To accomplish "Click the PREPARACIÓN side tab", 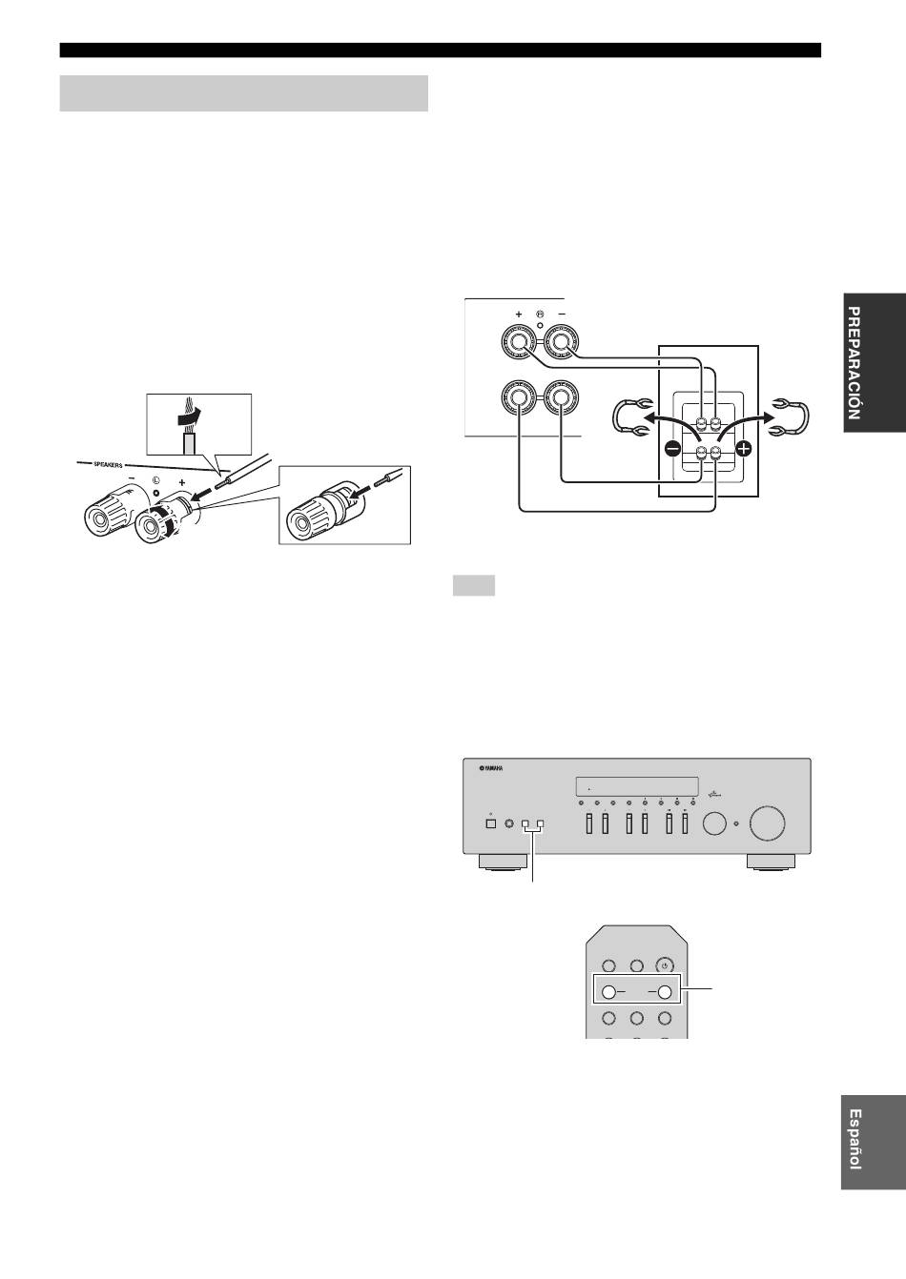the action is pyautogui.click(x=874, y=362).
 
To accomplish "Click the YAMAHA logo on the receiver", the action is pyautogui.click(x=491, y=768).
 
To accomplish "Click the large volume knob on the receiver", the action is pyautogui.click(x=767, y=823).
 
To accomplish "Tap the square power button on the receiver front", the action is pyautogui.click(x=490, y=824).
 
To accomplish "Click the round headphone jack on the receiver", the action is pyautogui.click(x=507, y=824).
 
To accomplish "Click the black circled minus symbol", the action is pyautogui.click(x=672, y=449).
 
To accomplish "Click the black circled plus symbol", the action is pyautogui.click(x=743, y=449).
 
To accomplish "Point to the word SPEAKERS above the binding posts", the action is pyautogui.click(x=108, y=465).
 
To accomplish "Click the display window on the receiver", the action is pyautogui.click(x=637, y=786).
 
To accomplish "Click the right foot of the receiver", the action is pyautogui.click(x=770, y=862).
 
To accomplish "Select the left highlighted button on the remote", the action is pyautogui.click(x=609, y=993).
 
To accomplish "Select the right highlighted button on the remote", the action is pyautogui.click(x=664, y=993).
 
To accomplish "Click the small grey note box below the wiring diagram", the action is pyautogui.click(x=474, y=586).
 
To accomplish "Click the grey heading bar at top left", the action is pyautogui.click(x=244, y=93).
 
